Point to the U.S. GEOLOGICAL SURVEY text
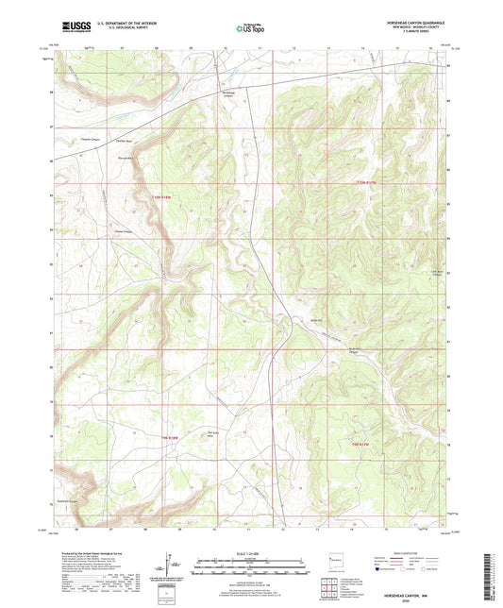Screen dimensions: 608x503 [x=110, y=31]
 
